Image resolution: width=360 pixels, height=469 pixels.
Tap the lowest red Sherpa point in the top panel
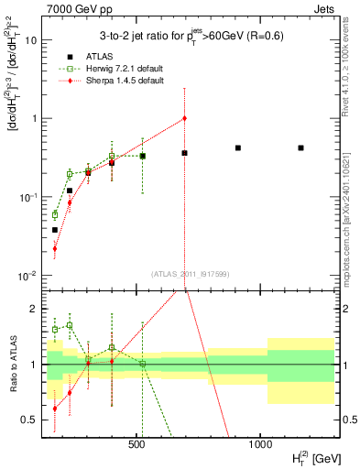(x=54, y=248)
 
